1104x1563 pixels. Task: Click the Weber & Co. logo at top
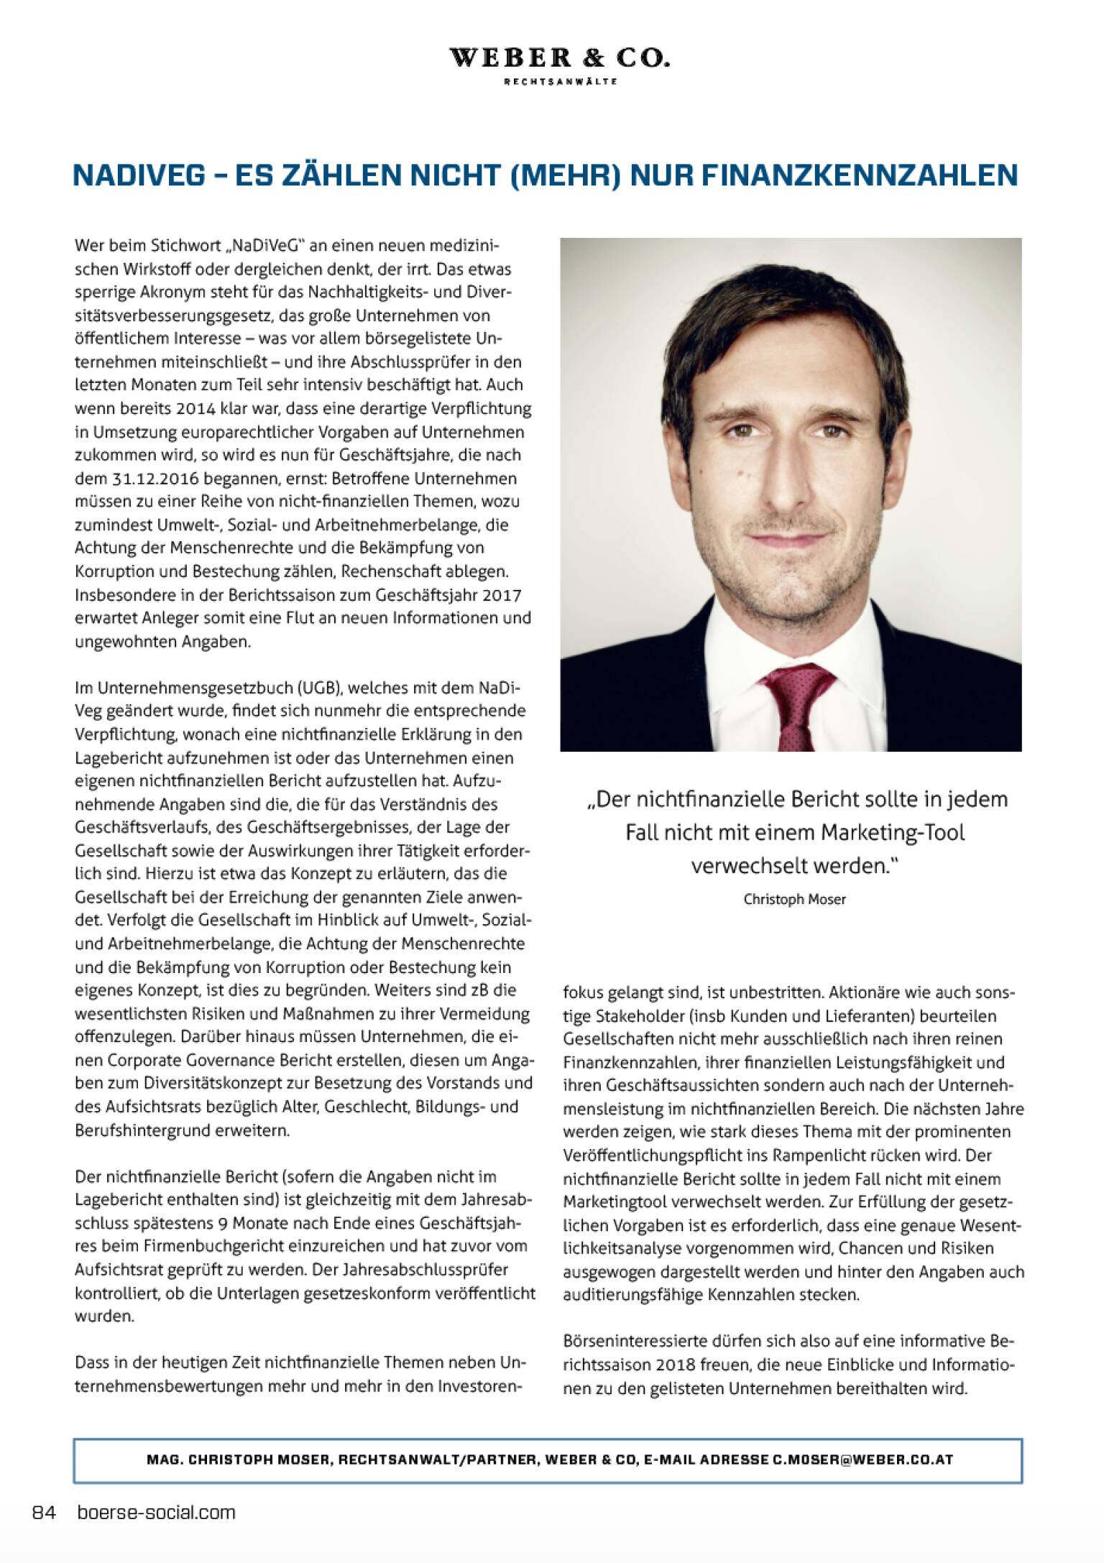(x=559, y=58)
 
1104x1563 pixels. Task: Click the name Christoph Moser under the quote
(x=794, y=899)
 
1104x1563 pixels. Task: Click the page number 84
(x=44, y=1513)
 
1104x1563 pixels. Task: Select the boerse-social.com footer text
(x=156, y=1513)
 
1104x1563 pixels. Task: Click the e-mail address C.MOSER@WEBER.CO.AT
(x=862, y=1460)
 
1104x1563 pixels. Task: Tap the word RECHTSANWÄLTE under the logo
(x=560, y=82)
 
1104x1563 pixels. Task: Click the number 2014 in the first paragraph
(x=195, y=409)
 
